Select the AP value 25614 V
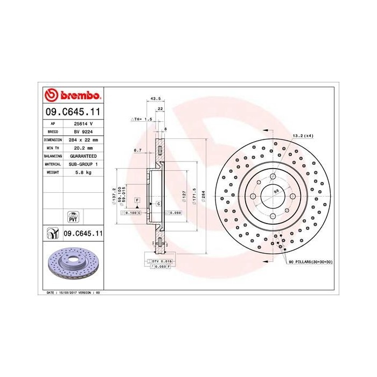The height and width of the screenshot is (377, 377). [x=80, y=123]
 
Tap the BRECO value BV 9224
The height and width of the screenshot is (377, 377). [x=80, y=131]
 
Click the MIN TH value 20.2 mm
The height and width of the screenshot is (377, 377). [x=80, y=148]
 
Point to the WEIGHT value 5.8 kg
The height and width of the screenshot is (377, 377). [x=80, y=172]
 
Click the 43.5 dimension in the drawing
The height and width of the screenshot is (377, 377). [x=156, y=99]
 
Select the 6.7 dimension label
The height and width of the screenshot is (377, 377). [x=137, y=151]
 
